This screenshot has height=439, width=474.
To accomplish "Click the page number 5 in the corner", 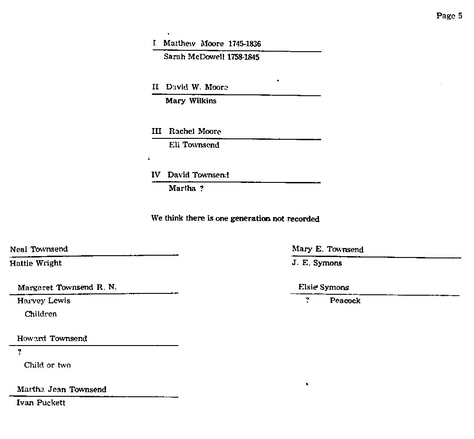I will [460, 16].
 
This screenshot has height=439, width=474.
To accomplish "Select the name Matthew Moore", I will [194, 44].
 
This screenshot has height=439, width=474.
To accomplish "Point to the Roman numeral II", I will [155, 87].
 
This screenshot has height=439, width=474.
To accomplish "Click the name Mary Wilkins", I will [191, 101].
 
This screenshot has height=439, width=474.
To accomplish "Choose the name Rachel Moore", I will [195, 131].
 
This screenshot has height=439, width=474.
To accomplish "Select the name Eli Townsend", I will [194, 145].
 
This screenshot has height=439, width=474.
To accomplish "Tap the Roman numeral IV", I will [156, 175].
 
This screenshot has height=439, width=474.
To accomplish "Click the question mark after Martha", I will [202, 189].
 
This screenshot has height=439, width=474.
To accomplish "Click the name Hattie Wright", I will [35, 263].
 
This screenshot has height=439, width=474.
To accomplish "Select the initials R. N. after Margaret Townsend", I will [106, 288].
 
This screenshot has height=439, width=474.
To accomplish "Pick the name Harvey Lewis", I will [44, 301].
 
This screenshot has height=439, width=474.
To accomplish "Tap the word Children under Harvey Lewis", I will [41, 314].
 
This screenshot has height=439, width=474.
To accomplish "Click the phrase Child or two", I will [47, 365].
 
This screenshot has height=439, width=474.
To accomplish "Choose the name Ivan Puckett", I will [41, 403].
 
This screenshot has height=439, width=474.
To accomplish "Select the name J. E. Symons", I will [317, 263].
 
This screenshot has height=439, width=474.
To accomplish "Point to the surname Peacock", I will [345, 301].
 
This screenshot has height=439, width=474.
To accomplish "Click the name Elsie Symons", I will [323, 288].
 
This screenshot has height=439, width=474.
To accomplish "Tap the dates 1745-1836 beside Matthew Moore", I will [244, 44].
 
